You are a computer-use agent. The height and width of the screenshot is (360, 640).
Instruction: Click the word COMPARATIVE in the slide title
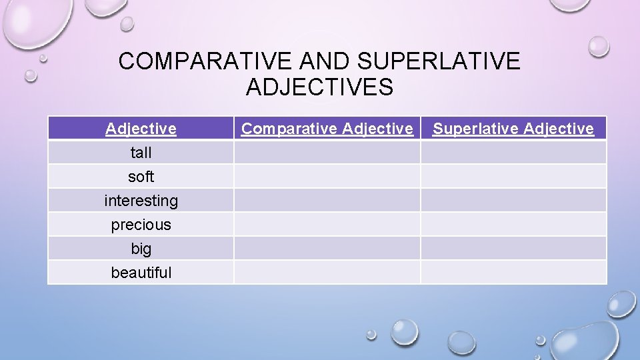(205, 61)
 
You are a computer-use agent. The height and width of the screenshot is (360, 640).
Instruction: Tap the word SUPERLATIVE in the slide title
(439, 61)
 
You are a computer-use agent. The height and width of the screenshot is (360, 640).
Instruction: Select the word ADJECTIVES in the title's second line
(319, 87)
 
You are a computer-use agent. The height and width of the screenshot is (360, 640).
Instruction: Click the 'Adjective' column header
(141, 129)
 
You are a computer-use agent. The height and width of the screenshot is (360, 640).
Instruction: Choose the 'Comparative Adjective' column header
(327, 129)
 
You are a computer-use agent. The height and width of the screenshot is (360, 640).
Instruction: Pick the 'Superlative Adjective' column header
(513, 129)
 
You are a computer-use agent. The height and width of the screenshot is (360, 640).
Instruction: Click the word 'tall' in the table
(141, 153)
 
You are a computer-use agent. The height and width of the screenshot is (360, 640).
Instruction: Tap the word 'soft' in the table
(141, 177)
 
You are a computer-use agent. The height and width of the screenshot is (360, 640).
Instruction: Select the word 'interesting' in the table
(141, 201)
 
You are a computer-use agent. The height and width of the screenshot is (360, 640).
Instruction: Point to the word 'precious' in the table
(141, 225)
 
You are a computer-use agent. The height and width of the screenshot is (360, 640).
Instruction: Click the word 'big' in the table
(141, 249)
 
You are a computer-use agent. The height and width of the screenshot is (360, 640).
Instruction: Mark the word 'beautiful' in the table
(141, 273)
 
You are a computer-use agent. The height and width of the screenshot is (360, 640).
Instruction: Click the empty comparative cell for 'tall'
(327, 152)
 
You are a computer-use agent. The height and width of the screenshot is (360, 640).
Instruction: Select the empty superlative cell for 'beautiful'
(513, 272)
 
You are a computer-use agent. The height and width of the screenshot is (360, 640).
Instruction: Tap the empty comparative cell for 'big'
(327, 248)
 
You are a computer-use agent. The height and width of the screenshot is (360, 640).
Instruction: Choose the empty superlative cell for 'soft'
(513, 176)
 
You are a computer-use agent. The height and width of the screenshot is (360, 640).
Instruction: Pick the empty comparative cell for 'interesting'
(327, 200)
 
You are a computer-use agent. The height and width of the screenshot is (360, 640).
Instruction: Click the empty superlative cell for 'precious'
(513, 224)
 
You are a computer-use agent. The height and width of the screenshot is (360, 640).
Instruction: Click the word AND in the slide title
(325, 61)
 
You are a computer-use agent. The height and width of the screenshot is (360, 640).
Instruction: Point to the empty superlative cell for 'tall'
(513, 152)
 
